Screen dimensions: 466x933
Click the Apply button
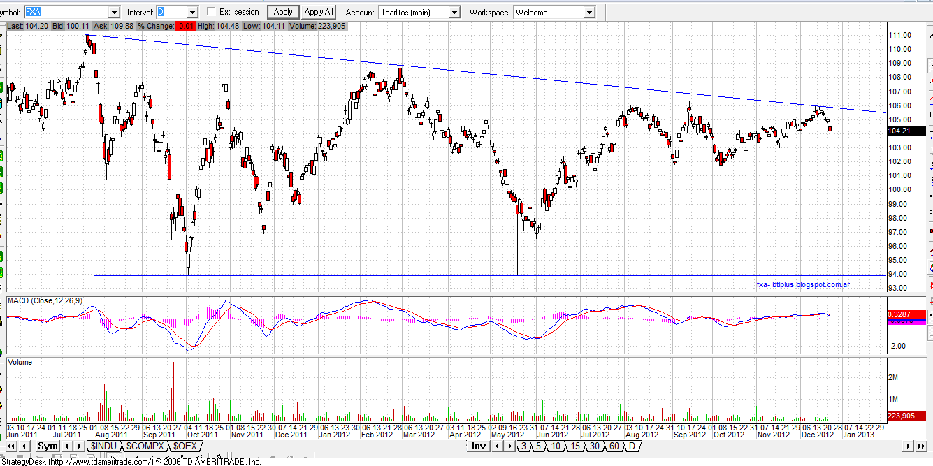tap(283, 12)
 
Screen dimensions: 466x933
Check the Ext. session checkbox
tap(212, 12)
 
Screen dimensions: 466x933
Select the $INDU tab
tap(103, 446)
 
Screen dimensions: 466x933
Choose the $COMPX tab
tap(144, 446)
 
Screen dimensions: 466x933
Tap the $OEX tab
tap(185, 446)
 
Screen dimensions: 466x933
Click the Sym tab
tap(48, 446)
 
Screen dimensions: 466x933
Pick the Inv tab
tap(479, 446)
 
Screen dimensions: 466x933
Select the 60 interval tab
tap(614, 446)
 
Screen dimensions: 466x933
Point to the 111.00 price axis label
tap(899, 35)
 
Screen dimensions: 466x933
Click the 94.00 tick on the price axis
tap(899, 274)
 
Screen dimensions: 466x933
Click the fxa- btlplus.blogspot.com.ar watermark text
tap(803, 284)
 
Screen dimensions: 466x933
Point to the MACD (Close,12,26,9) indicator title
tap(43, 300)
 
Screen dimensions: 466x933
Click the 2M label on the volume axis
tap(892, 377)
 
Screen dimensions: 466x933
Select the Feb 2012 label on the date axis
tap(377, 435)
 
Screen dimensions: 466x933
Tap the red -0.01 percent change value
tap(185, 26)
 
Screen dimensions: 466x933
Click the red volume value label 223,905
tap(901, 416)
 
